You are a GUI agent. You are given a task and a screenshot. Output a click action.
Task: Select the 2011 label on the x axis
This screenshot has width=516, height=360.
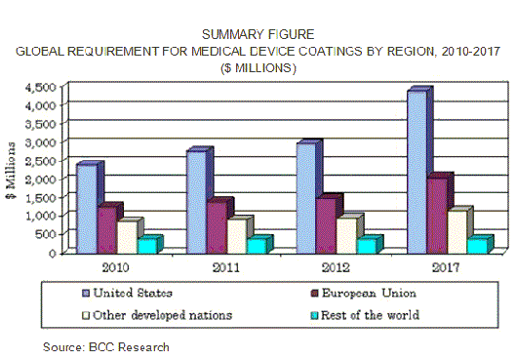225,267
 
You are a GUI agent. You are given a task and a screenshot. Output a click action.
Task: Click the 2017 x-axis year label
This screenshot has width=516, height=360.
445,267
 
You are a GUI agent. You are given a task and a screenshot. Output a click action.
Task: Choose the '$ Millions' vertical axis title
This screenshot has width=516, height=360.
11,170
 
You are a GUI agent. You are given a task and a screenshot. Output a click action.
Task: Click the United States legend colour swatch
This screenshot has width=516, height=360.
86,294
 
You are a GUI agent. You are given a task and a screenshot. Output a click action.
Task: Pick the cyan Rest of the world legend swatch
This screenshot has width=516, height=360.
315,315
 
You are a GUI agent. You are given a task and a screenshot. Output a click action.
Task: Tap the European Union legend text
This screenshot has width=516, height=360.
369,293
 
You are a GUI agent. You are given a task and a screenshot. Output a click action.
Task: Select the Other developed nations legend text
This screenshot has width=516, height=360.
163,315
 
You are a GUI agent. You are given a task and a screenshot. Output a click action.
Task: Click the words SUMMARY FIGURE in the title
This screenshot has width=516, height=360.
258,34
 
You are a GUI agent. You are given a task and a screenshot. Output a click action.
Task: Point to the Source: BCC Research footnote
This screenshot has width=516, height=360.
106,347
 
